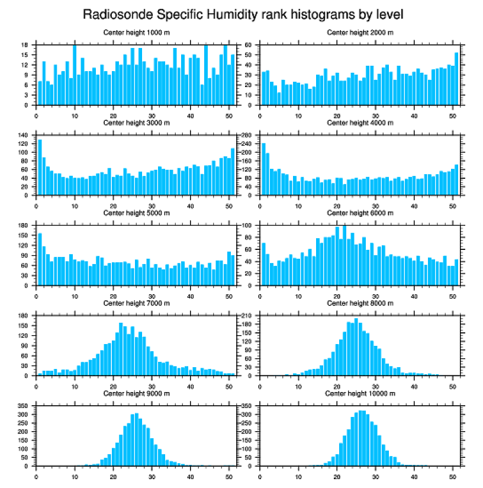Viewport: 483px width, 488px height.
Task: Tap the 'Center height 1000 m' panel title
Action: (x=136, y=33)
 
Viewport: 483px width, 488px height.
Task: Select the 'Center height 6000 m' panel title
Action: (x=360, y=213)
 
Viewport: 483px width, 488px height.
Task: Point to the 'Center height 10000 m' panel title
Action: (x=360, y=393)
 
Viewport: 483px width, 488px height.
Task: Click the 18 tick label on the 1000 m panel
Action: (x=26, y=45)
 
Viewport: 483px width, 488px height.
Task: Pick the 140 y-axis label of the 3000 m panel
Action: (x=24, y=136)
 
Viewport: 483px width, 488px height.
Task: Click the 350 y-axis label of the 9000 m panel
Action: (x=24, y=406)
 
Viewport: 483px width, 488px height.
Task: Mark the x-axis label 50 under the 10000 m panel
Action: (x=453, y=475)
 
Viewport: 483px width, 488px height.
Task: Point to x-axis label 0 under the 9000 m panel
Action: (x=37, y=475)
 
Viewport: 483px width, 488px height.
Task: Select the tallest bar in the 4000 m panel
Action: (x=263, y=169)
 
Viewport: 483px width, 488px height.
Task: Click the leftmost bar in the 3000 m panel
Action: (x=40, y=167)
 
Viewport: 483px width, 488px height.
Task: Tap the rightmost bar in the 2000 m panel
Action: (x=456, y=79)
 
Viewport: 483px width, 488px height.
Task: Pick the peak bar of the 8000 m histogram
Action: (x=356, y=346)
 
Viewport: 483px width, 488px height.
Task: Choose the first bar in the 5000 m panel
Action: (x=40, y=259)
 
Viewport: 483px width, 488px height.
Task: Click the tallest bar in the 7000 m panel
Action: (x=121, y=349)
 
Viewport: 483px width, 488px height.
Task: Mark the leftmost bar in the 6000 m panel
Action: (x=263, y=264)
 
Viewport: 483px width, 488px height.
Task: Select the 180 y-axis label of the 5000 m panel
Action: (x=24, y=226)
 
